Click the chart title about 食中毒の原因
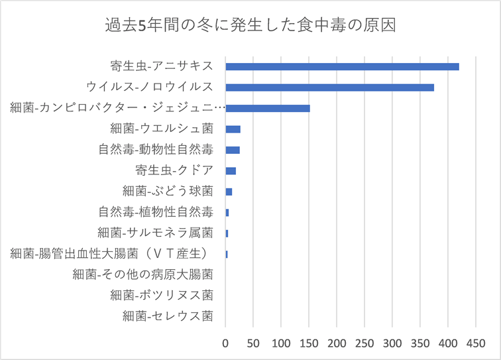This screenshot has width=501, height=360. pyautogui.click(x=250, y=27)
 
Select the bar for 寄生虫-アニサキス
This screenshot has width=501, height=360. pyautogui.click(x=342, y=66)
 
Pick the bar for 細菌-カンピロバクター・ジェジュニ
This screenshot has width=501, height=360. pyautogui.click(x=268, y=108)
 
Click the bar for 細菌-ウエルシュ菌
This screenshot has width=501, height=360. pyautogui.click(x=233, y=129)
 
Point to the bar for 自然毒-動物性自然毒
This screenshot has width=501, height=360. pyautogui.click(x=233, y=150)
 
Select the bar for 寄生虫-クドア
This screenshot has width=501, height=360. pyautogui.click(x=231, y=170)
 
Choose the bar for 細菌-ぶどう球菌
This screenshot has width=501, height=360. pyautogui.click(x=229, y=192)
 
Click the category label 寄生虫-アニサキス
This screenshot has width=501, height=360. pyautogui.click(x=162, y=66)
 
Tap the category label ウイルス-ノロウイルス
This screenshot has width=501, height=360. pyautogui.click(x=150, y=87)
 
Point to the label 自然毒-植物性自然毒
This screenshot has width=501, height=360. pyautogui.click(x=156, y=212)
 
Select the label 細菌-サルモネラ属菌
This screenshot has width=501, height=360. pyautogui.click(x=155, y=233)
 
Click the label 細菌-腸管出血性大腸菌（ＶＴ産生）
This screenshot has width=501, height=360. pyautogui.click(x=112, y=253)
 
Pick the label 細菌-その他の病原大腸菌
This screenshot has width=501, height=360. pyautogui.click(x=143, y=274)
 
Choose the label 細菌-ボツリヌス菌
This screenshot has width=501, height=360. pyautogui.click(x=162, y=295)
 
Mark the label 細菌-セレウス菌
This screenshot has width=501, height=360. pyautogui.click(x=168, y=316)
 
